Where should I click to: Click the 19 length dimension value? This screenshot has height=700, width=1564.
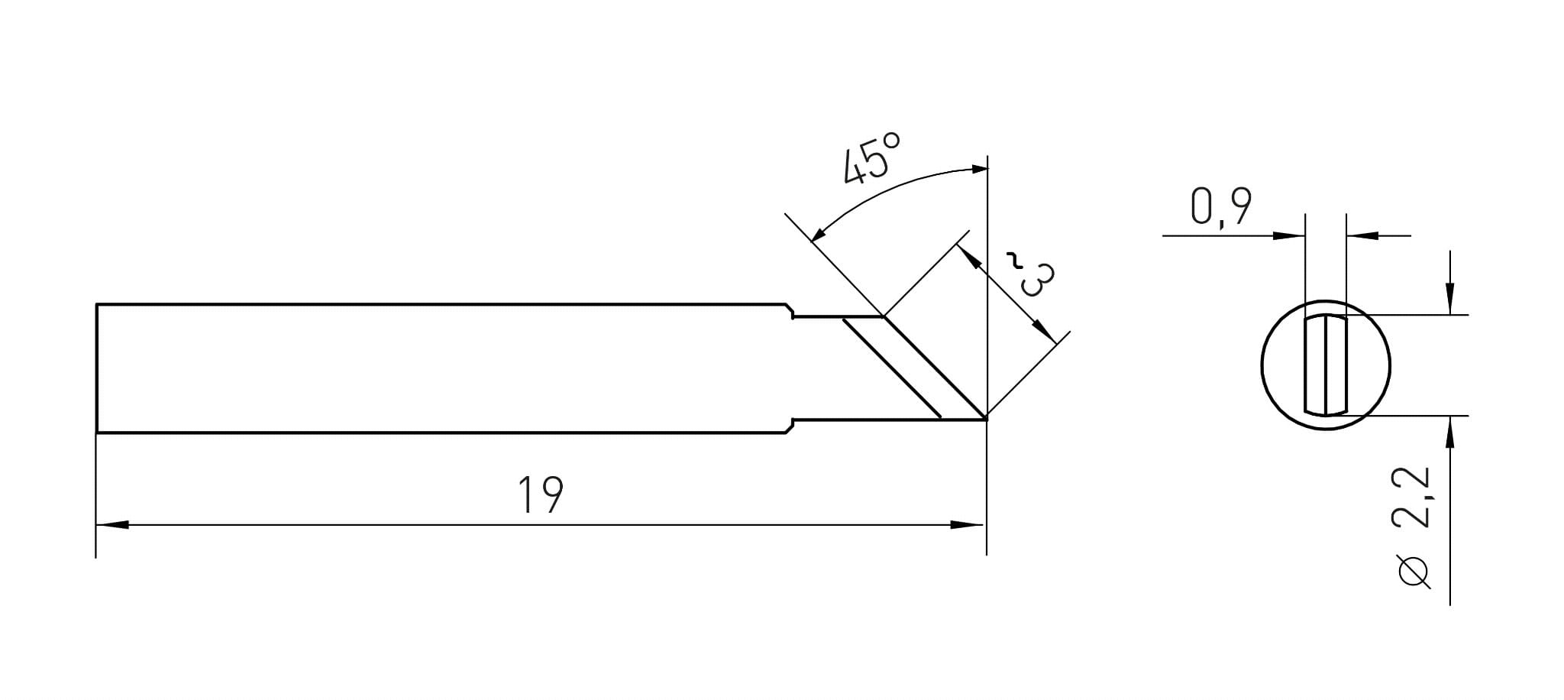541,494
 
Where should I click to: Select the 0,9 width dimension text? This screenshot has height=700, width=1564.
1220,206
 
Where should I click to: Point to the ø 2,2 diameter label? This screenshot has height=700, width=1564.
1411,527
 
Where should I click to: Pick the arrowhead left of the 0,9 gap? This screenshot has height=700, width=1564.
1288,235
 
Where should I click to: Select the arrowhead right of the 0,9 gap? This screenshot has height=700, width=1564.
1362,235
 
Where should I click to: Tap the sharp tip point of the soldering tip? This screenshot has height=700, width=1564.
986,418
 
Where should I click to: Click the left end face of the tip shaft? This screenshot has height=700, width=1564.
96,368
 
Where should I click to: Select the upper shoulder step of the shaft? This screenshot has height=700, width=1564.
791,310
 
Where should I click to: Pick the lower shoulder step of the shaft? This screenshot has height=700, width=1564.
791,426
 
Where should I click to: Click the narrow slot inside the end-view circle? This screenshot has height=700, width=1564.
1325,365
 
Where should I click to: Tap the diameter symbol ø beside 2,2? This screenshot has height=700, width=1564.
1412,572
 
